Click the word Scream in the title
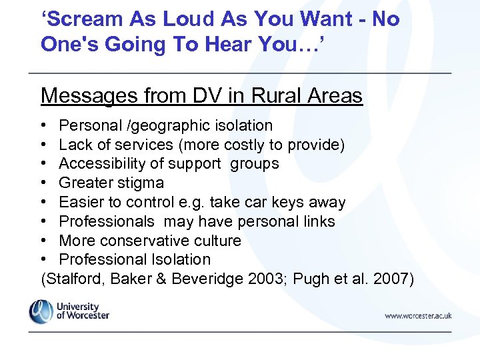click(x=83, y=19)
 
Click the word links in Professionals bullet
click(x=317, y=221)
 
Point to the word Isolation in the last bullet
click(x=181, y=259)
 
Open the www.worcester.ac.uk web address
click(x=418, y=315)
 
